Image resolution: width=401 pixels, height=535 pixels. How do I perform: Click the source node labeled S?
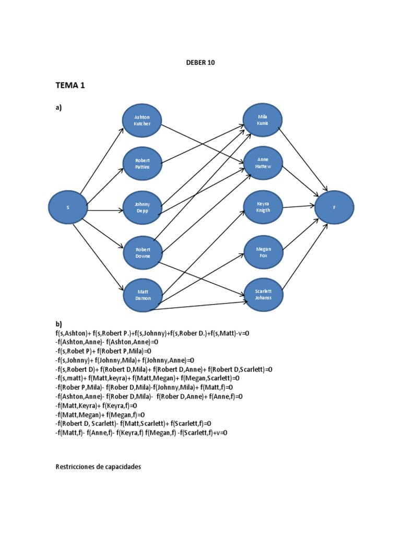click(x=68, y=207)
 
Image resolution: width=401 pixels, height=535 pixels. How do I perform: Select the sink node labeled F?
click(x=334, y=207)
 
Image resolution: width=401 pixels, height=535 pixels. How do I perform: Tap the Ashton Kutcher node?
click(x=142, y=121)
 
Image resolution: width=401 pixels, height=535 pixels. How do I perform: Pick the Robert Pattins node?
click(x=142, y=163)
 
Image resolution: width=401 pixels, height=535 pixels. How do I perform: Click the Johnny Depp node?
click(x=142, y=207)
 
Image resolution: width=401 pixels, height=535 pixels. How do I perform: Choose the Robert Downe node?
click(x=142, y=253)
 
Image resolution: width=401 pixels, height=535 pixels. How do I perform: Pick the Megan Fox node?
click(x=263, y=253)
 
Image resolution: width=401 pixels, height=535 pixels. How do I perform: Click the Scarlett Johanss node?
click(x=263, y=295)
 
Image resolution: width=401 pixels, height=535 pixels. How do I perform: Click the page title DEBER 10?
click(x=200, y=62)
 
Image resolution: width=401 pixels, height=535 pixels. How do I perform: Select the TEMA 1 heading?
click(x=70, y=86)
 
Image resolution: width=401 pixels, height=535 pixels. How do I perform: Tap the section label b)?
click(x=58, y=323)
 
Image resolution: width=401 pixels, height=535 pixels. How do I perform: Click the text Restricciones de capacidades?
click(x=98, y=467)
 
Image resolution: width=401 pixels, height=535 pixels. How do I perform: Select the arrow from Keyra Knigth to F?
click(x=298, y=206)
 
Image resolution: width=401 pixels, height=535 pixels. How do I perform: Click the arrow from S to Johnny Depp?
click(x=104, y=211)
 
